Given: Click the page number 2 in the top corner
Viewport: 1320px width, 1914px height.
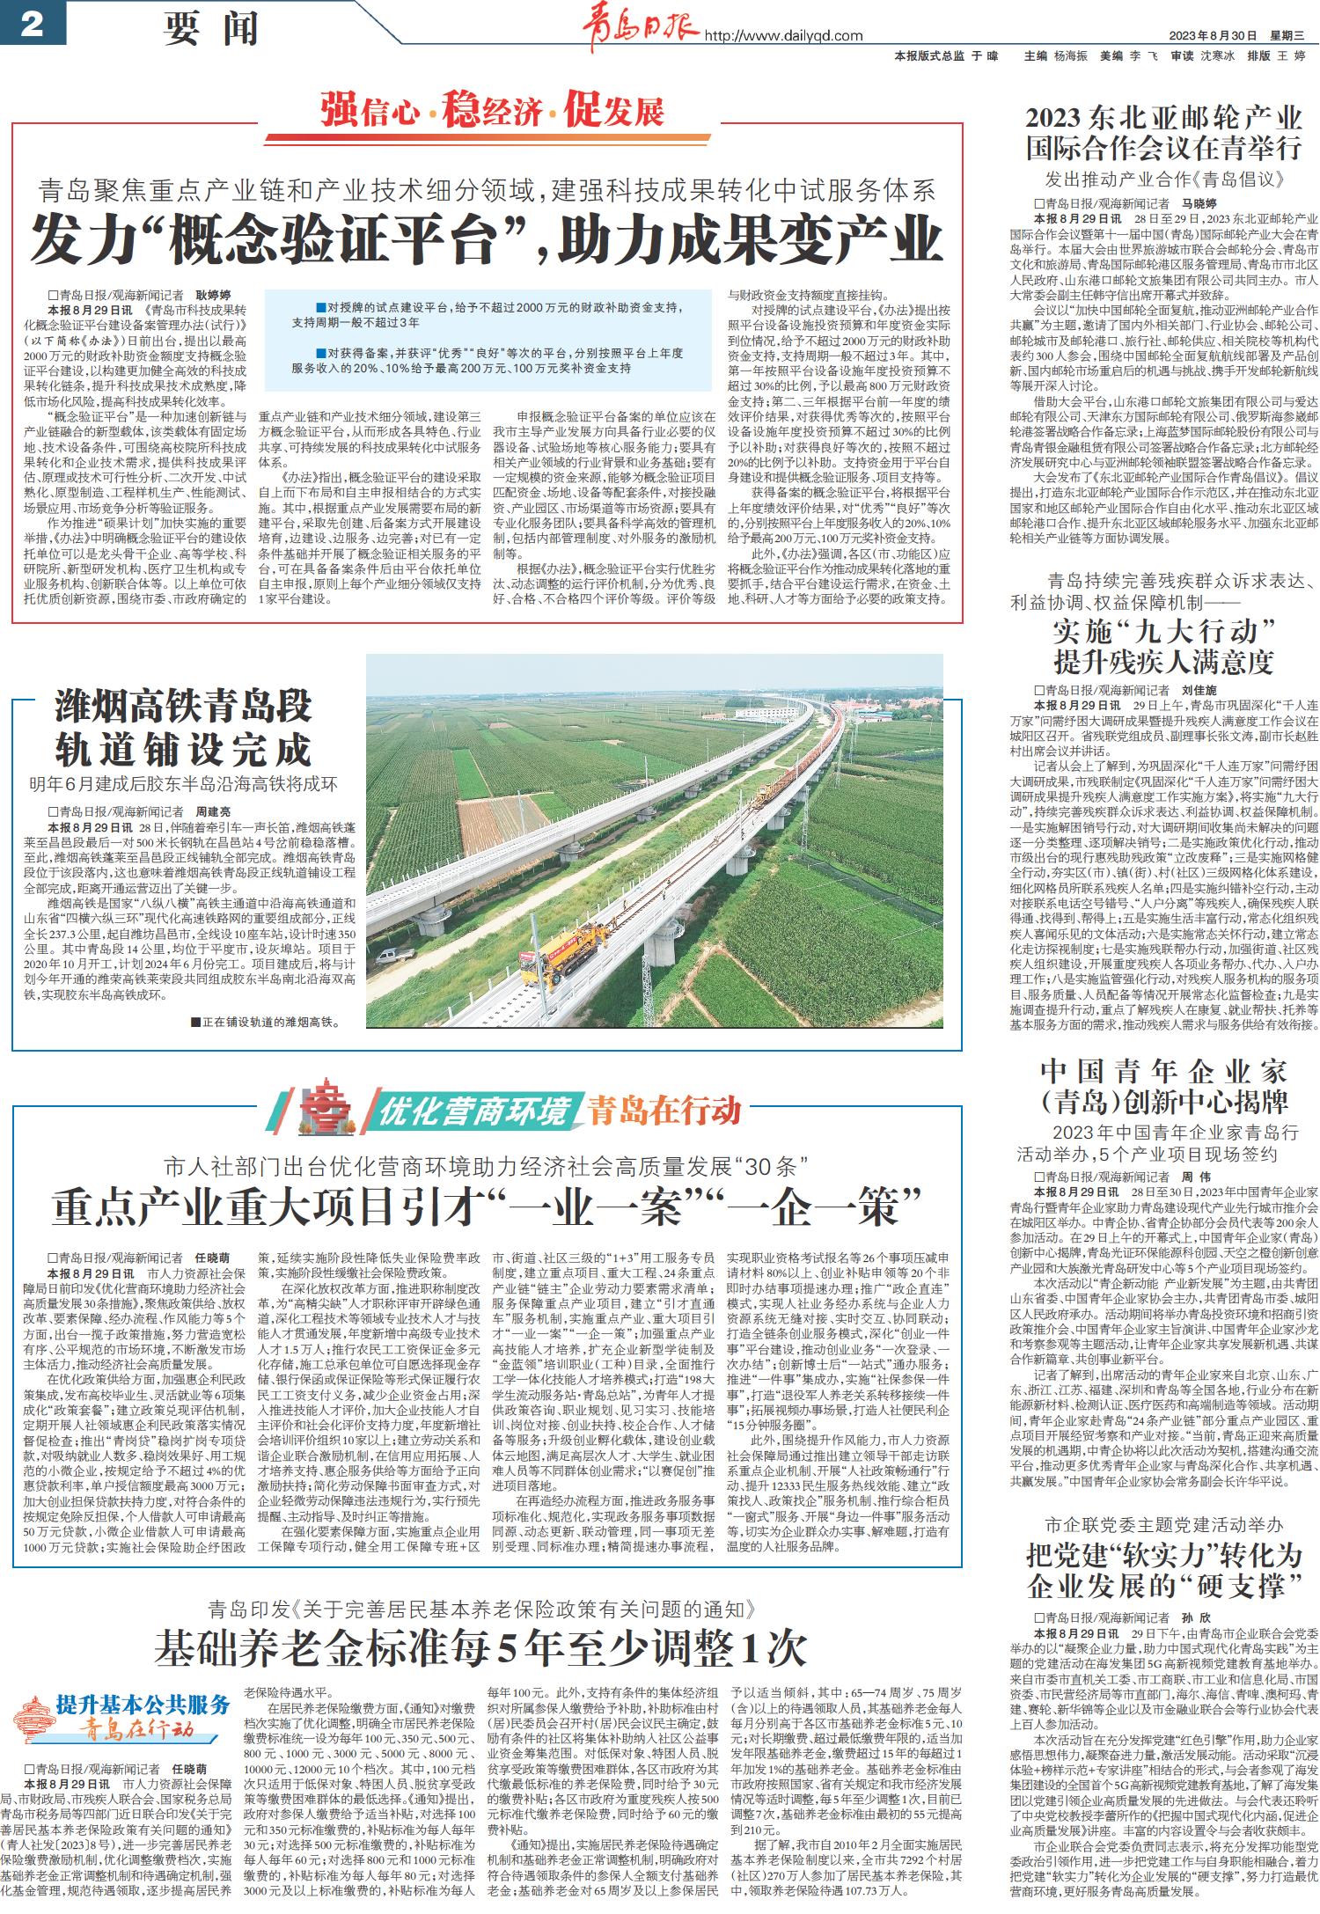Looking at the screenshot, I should click(x=32, y=24).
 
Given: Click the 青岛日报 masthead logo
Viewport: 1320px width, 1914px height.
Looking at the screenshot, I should click(x=639, y=28).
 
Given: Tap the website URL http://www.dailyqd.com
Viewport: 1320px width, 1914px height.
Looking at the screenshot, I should click(x=784, y=36).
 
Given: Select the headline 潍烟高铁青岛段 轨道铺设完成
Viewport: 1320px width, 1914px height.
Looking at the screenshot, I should click(x=183, y=728).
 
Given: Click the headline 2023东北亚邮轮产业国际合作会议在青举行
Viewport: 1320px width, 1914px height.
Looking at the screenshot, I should click(x=1163, y=132).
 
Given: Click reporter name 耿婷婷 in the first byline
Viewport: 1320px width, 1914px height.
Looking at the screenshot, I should click(x=211, y=296).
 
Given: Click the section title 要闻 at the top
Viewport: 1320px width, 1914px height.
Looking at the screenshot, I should click(x=211, y=29).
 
